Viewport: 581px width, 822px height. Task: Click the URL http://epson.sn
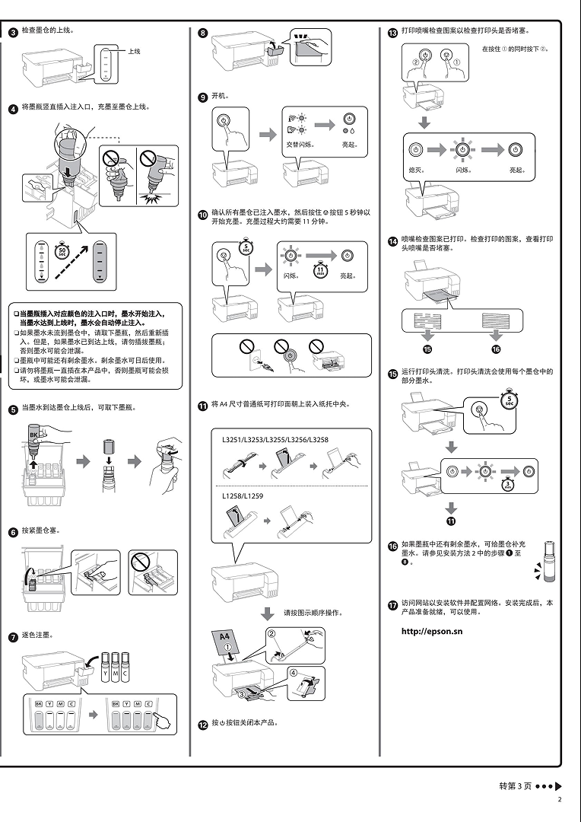coord(431,631)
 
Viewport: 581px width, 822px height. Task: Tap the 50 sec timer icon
coord(63,250)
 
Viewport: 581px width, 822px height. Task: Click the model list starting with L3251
coord(275,440)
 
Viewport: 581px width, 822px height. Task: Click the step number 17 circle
coord(392,606)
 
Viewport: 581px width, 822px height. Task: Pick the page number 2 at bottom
coord(560,799)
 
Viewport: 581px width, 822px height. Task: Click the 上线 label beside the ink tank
coord(135,51)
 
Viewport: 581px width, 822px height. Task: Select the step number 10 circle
coord(203,215)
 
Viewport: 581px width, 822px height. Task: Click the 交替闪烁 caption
coord(299,144)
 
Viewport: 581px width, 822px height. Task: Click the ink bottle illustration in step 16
coord(551,559)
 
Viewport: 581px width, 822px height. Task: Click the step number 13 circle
coord(392,33)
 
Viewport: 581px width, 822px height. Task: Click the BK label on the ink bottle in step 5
coord(33,435)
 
